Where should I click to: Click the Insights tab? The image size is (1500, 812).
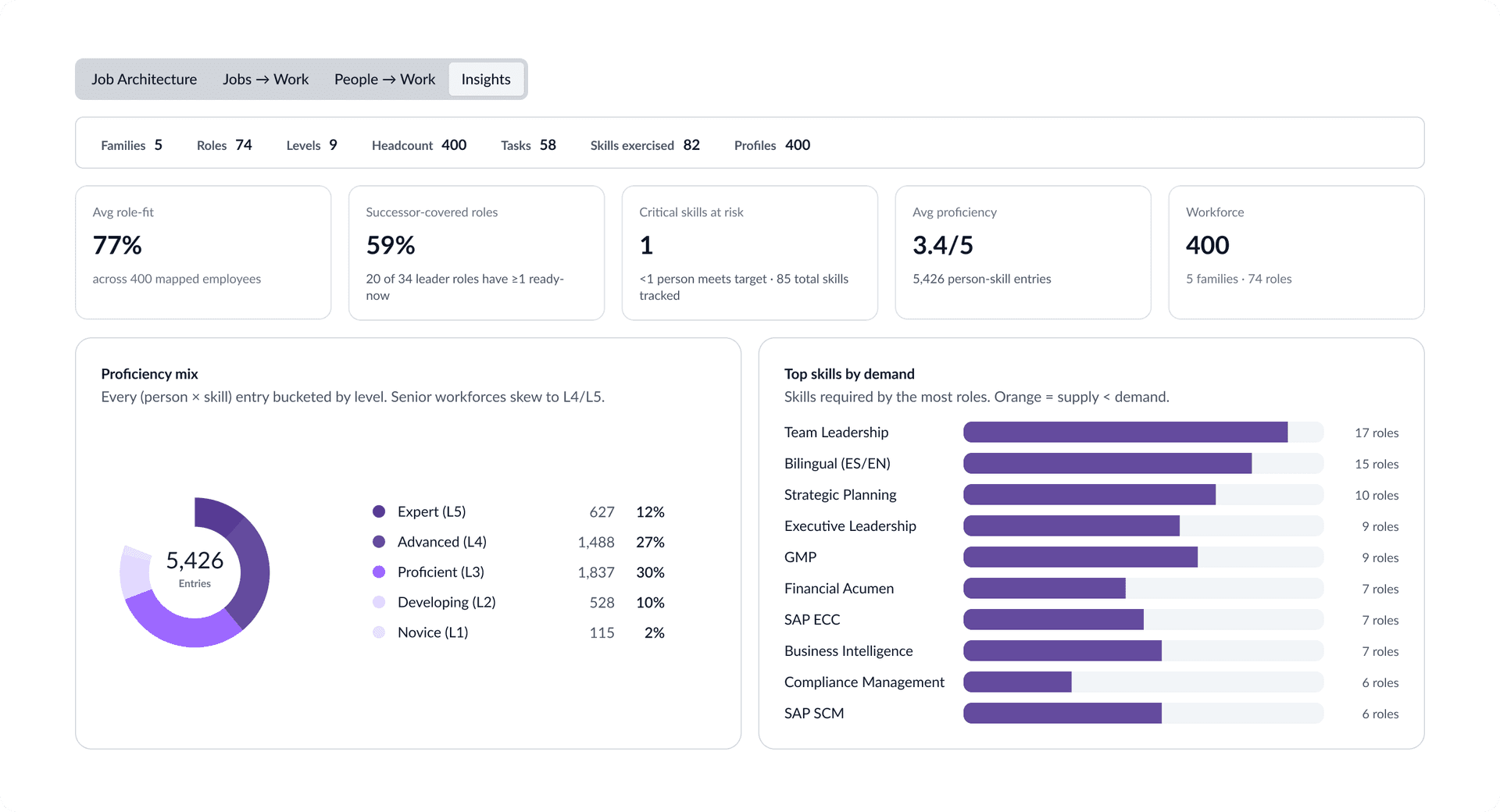(x=486, y=79)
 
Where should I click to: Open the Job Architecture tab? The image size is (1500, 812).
(x=144, y=79)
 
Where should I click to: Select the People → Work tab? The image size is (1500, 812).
(x=384, y=79)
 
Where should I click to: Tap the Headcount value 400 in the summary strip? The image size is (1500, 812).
(x=454, y=145)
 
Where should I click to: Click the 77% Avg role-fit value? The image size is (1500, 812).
(x=117, y=245)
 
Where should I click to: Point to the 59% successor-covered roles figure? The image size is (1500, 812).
(x=391, y=245)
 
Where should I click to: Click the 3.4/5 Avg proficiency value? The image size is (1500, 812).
(x=943, y=245)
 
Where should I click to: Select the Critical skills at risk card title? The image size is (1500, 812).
(x=691, y=212)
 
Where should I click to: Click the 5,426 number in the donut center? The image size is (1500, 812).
(x=195, y=560)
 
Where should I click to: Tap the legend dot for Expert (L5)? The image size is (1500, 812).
(x=379, y=511)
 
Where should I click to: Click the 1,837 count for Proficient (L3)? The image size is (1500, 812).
(x=596, y=572)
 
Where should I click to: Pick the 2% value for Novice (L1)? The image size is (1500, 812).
(x=655, y=632)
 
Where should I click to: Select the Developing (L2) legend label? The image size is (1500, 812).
(x=447, y=602)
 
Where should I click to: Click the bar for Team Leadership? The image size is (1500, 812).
(x=1125, y=432)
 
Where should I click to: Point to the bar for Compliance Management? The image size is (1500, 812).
(x=1017, y=682)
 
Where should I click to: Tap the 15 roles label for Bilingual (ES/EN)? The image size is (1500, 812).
(x=1377, y=464)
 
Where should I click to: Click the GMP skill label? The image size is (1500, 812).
(x=800, y=557)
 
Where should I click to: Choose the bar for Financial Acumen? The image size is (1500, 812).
(x=1045, y=588)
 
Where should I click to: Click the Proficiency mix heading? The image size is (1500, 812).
(x=149, y=374)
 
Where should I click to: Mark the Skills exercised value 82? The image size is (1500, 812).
(x=691, y=145)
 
